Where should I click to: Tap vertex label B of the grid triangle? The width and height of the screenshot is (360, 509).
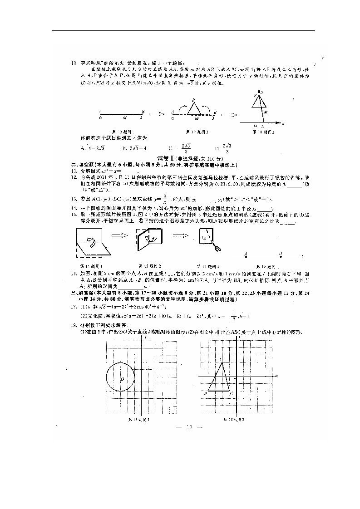pyautogui.click(x=206, y=393)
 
